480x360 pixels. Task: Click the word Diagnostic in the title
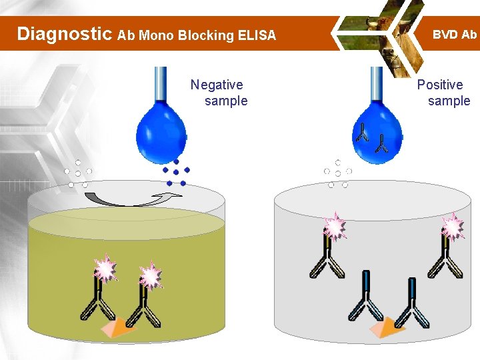pos(64,34)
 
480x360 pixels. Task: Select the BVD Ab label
pos(455,34)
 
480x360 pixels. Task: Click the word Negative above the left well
pos(217,85)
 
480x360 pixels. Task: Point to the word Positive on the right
pos(440,85)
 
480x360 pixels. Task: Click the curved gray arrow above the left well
pos(130,198)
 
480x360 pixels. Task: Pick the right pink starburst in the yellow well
pos(151,275)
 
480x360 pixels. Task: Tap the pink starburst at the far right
pos(453,227)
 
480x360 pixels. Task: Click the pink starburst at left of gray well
pos(334,227)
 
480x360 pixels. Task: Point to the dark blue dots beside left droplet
pos(176,173)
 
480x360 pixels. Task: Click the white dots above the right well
pos(338,173)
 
